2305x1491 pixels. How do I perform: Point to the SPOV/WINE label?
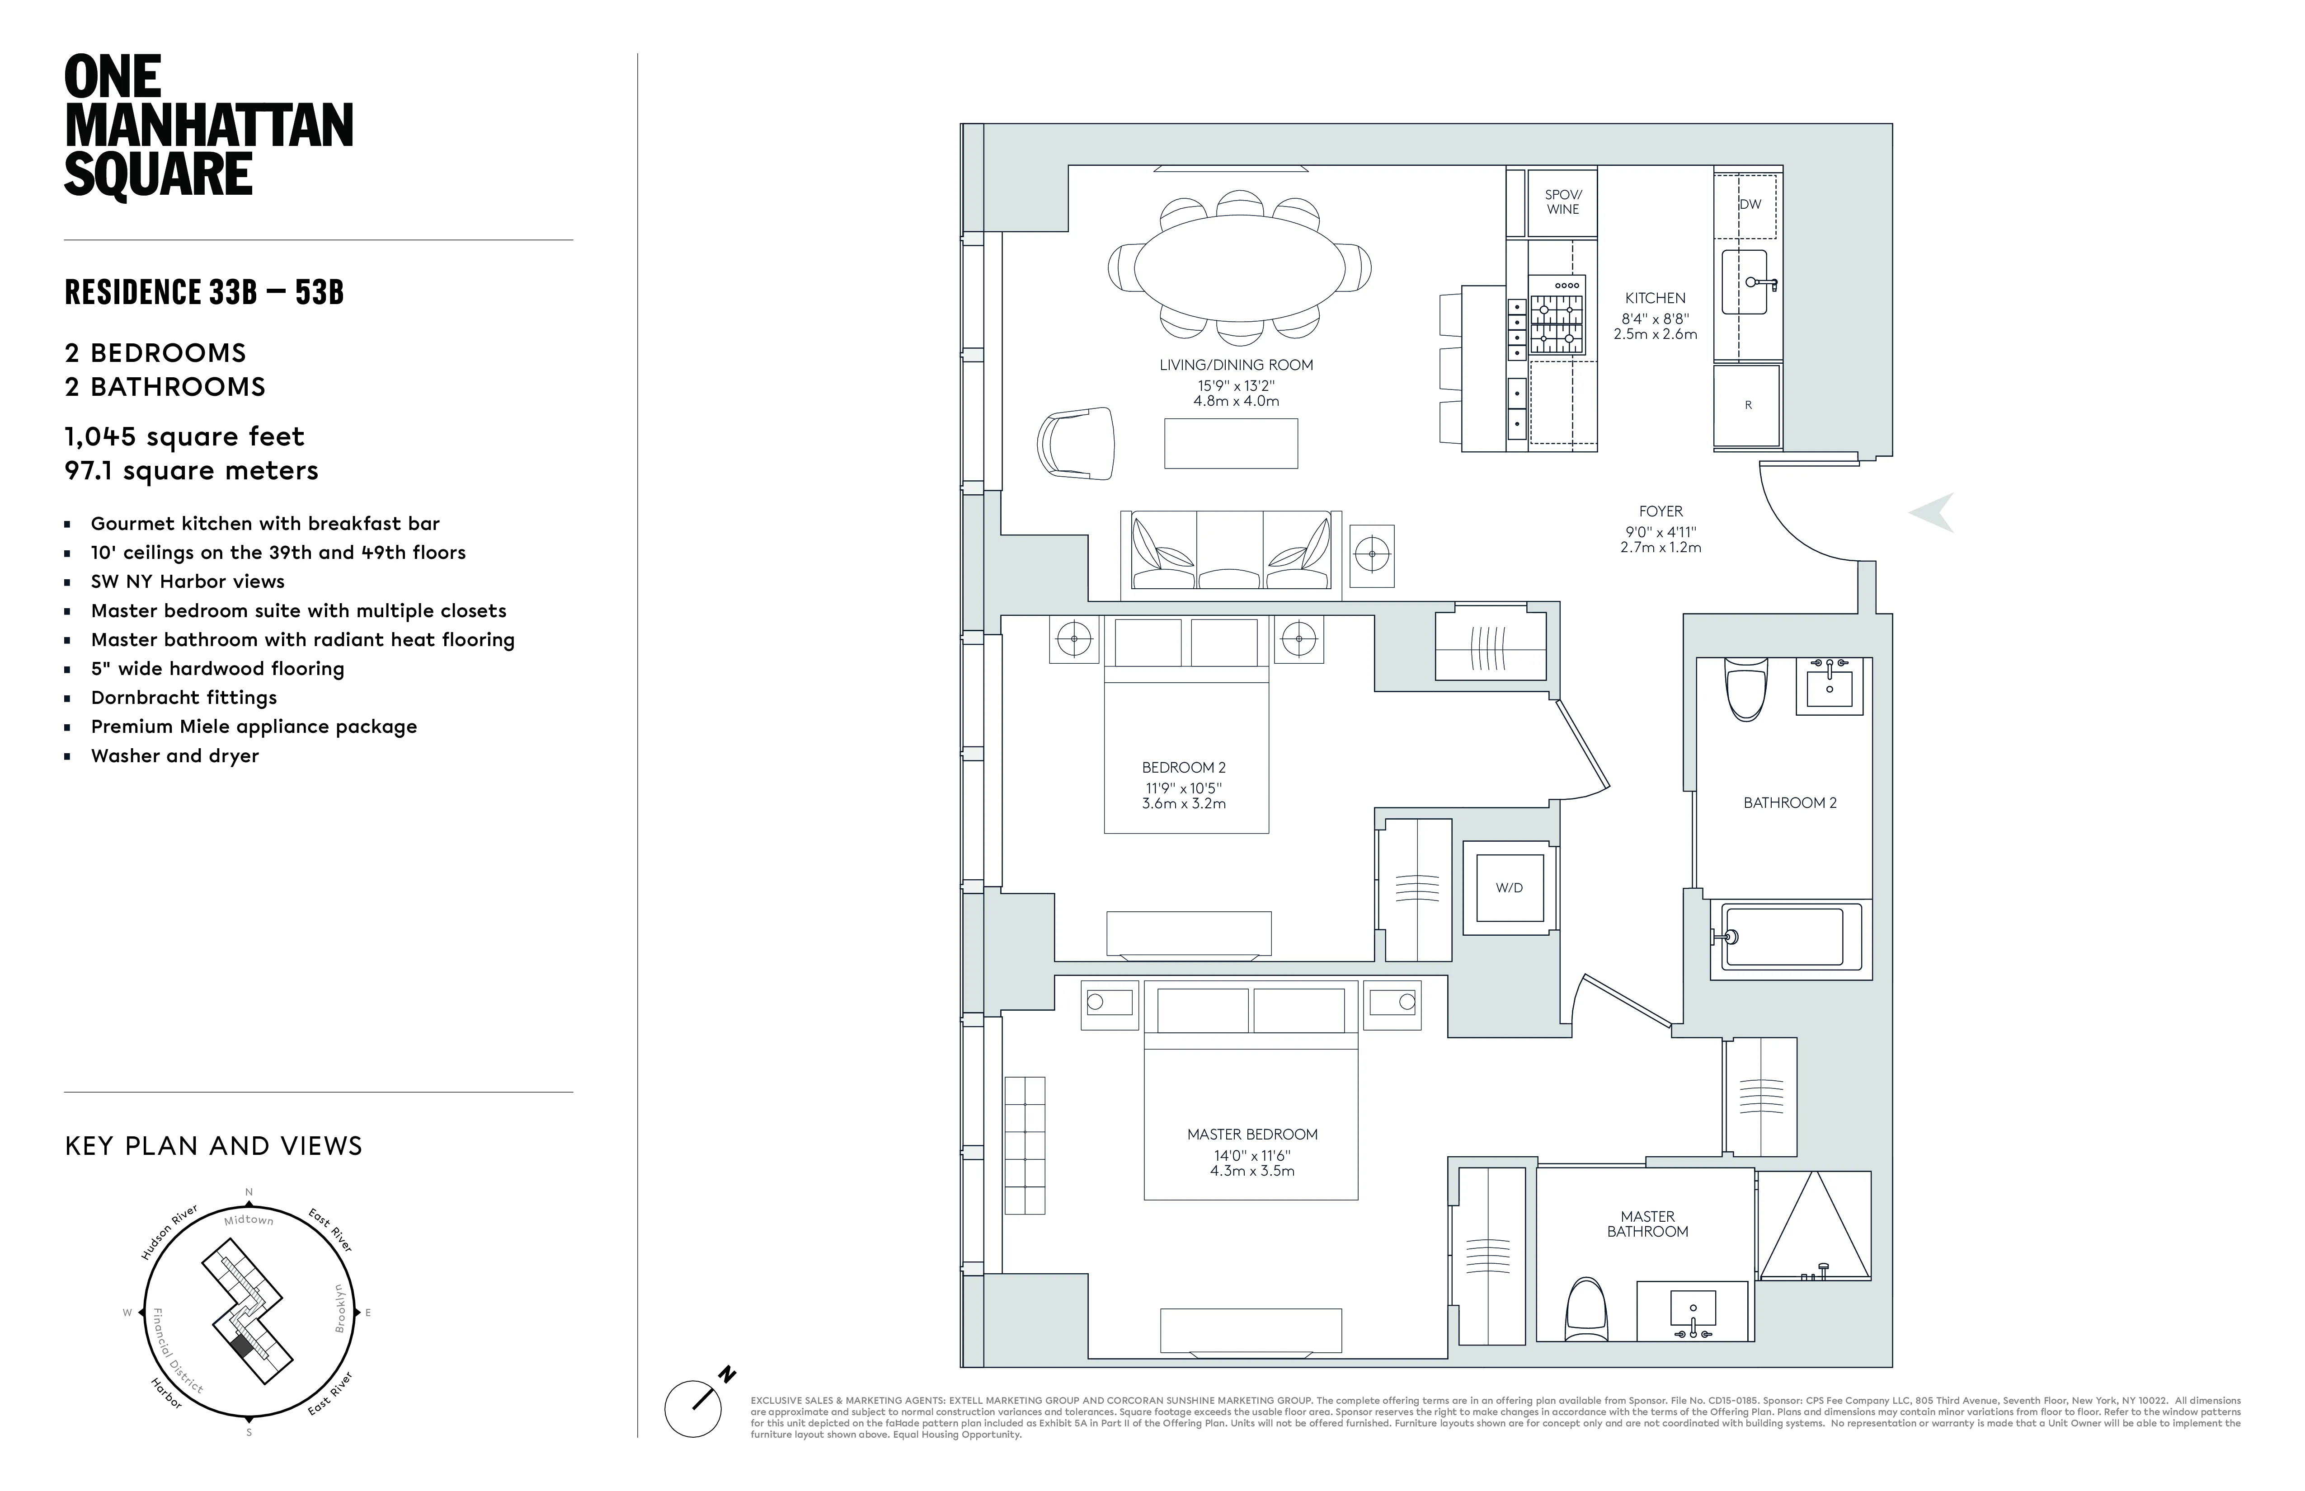(1562, 202)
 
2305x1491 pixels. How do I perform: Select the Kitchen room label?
(1655, 298)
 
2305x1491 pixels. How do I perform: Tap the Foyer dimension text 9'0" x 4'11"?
(1661, 531)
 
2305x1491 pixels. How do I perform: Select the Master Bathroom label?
(1647, 1224)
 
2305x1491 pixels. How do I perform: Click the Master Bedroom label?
(1252, 1134)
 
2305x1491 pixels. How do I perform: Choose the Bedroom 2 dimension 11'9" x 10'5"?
(1184, 788)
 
